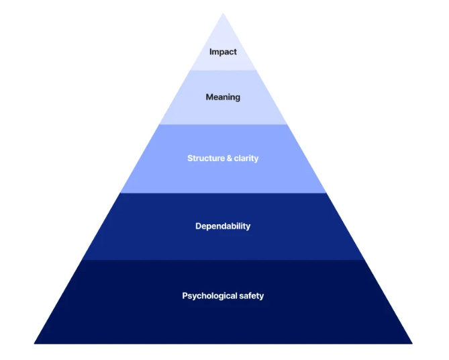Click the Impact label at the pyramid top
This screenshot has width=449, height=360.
coord(223,52)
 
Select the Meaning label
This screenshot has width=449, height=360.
coord(223,97)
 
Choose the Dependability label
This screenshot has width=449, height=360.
coord(223,226)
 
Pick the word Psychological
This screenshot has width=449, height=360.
coord(209,296)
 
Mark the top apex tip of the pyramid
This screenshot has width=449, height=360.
coord(223,13)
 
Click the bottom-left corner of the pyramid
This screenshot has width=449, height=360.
coord(35,343)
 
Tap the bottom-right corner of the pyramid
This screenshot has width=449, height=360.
coord(412,343)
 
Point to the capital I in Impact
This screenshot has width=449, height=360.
coord(211,52)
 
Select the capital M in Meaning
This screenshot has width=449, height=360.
coord(209,97)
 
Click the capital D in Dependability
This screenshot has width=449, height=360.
coord(199,226)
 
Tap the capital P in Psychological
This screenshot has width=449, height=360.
coord(185,296)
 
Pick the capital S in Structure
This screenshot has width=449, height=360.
coord(190,159)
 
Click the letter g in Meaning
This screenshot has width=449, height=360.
coord(237,99)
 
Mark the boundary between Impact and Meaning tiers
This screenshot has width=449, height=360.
coord(223,70)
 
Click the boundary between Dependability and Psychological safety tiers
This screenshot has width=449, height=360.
coord(223,261)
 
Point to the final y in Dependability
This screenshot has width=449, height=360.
coord(248,228)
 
